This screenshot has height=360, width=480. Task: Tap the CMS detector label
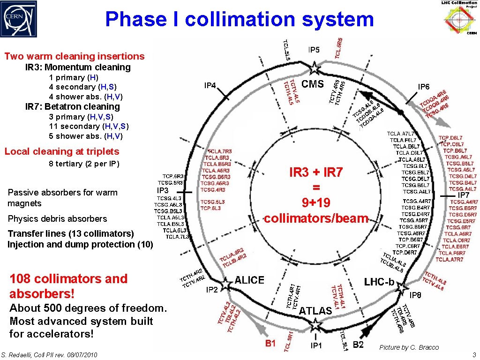[313, 84]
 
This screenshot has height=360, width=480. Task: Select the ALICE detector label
[249, 280]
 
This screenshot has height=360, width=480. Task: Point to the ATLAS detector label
[315, 310]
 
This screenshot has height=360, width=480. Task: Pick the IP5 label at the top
[314, 50]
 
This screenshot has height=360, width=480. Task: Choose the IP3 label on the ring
[163, 190]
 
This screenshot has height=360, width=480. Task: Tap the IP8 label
[415, 295]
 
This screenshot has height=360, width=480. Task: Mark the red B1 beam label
[270, 344]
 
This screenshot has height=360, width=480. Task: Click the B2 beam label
[358, 345]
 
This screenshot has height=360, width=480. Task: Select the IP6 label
[424, 87]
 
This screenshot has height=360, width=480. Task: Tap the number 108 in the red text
[23, 279]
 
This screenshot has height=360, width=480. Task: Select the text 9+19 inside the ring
[316, 202]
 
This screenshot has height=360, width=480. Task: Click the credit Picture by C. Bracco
[409, 347]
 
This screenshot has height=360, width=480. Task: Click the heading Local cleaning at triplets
[62, 151]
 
